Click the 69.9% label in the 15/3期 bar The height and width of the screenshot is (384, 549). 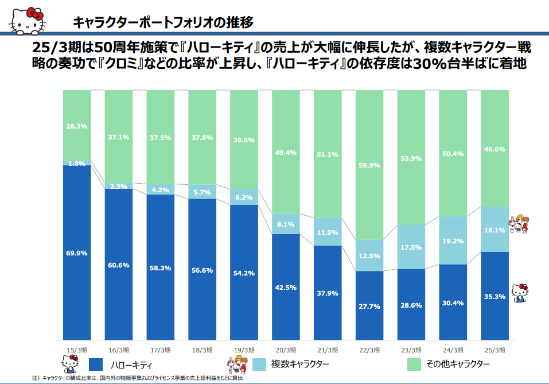pyautogui.click(x=76, y=253)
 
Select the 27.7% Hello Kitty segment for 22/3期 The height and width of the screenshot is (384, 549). pyautogui.click(x=369, y=307)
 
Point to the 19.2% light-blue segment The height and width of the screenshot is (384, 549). pyautogui.click(x=453, y=241)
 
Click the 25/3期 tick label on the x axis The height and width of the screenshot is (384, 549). pyautogui.click(x=495, y=350)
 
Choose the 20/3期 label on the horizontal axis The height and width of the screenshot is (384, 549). pyautogui.click(x=285, y=350)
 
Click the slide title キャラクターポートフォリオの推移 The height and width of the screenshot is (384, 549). pyautogui.click(x=163, y=22)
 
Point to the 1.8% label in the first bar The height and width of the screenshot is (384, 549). pyautogui.click(x=76, y=164)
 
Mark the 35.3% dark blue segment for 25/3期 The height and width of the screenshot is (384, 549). pyautogui.click(x=495, y=297)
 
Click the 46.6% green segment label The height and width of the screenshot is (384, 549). pyautogui.click(x=495, y=149)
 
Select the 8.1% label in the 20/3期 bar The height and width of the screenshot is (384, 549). pyautogui.click(x=285, y=224)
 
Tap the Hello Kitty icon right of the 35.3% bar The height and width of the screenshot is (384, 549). pyautogui.click(x=519, y=292)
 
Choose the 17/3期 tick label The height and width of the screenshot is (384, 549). pyautogui.click(x=160, y=350)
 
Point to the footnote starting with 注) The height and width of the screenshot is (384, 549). pyautogui.click(x=138, y=378)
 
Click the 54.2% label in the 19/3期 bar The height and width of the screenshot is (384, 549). pyautogui.click(x=243, y=273)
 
